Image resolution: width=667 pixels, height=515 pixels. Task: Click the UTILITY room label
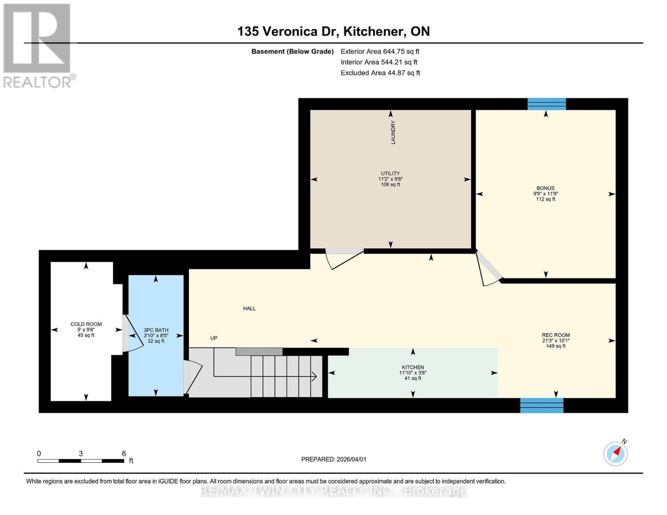390,174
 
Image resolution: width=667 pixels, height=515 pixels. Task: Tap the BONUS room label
545,188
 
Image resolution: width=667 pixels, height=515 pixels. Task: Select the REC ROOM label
555,335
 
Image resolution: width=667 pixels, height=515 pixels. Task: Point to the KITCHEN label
412,367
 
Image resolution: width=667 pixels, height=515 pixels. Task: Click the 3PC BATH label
156,330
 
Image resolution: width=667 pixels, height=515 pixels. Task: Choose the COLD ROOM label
86,324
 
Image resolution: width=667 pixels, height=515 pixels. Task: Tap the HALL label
249,309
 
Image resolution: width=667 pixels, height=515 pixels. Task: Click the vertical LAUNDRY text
393,132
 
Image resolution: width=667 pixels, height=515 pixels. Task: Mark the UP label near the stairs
213,338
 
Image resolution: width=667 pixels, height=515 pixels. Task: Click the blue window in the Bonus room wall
546,104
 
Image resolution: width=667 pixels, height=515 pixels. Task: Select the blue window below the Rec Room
541,406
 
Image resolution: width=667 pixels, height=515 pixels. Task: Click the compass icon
615,453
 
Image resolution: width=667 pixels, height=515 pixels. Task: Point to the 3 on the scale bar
81,454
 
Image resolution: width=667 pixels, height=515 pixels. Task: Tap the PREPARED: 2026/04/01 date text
333,459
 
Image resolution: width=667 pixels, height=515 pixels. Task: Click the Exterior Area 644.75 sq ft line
380,51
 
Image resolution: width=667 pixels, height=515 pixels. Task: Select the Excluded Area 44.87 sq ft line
380,73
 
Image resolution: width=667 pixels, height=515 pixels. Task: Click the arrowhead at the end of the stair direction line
314,376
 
